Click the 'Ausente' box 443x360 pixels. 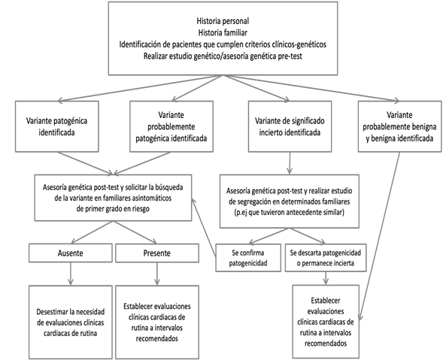click(x=71, y=253)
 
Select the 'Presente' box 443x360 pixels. click(x=157, y=253)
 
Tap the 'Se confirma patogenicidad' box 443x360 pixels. click(x=248, y=258)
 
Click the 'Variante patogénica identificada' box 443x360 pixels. click(x=57, y=126)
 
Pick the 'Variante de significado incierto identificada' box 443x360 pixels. click(x=290, y=126)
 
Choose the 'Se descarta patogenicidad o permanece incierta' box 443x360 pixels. click(x=326, y=258)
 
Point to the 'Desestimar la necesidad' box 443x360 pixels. click(x=71, y=322)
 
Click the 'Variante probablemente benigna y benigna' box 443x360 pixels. click(x=400, y=126)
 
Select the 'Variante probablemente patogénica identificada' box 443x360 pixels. click(x=171, y=126)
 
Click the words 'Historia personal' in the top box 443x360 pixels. click(x=223, y=21)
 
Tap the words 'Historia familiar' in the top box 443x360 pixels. click(x=223, y=33)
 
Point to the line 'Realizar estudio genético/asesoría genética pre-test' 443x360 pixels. click(x=223, y=56)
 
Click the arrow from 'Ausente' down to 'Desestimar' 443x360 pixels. click(x=71, y=274)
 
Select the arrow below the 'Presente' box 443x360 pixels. click(x=157, y=274)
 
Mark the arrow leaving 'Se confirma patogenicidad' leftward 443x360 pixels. click(x=204, y=228)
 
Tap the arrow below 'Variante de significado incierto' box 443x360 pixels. click(x=290, y=163)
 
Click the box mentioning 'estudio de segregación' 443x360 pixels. click(x=290, y=201)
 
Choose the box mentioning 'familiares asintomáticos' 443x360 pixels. click(x=113, y=198)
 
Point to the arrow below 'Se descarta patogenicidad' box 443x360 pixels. click(x=326, y=278)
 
